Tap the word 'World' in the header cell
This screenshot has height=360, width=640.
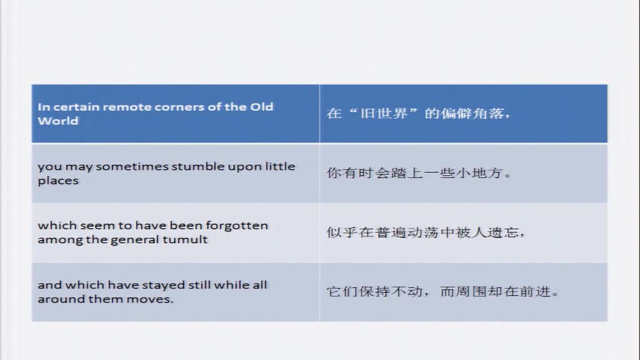coord(58,121)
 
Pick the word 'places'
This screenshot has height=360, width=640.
coord(58,181)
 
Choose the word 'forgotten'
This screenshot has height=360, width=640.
coord(237,226)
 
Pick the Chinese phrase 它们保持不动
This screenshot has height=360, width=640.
coord(374,292)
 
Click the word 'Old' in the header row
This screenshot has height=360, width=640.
coord(262,107)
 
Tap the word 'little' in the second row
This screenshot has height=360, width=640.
coord(280,166)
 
